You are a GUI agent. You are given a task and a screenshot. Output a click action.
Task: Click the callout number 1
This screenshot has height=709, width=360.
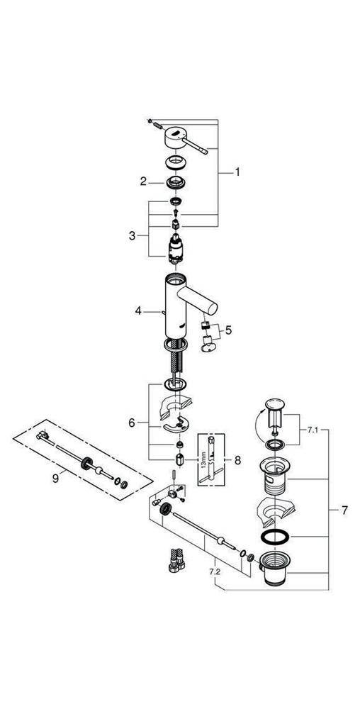[238, 172]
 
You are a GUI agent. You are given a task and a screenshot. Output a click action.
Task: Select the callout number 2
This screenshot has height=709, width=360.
[143, 182]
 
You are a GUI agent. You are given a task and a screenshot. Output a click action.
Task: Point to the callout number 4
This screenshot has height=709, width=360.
[139, 310]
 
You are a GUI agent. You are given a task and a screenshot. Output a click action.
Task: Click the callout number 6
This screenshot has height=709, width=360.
[131, 423]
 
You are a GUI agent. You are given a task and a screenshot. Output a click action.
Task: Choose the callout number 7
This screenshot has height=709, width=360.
[343, 509]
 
